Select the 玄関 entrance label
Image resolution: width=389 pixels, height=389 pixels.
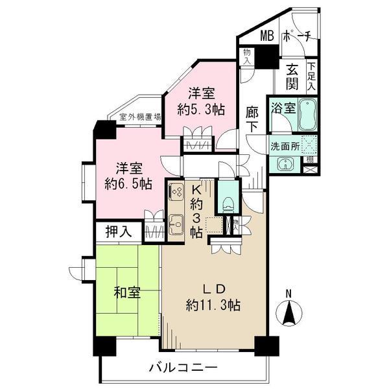tap(293, 75)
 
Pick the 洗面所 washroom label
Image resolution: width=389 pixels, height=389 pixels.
tap(285, 147)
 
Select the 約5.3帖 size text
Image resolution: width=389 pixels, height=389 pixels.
tap(202, 110)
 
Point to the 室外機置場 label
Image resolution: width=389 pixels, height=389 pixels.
tap(141, 117)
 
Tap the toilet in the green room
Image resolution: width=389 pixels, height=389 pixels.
tap(226, 201)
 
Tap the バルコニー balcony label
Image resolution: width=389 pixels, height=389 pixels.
tap(184, 368)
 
